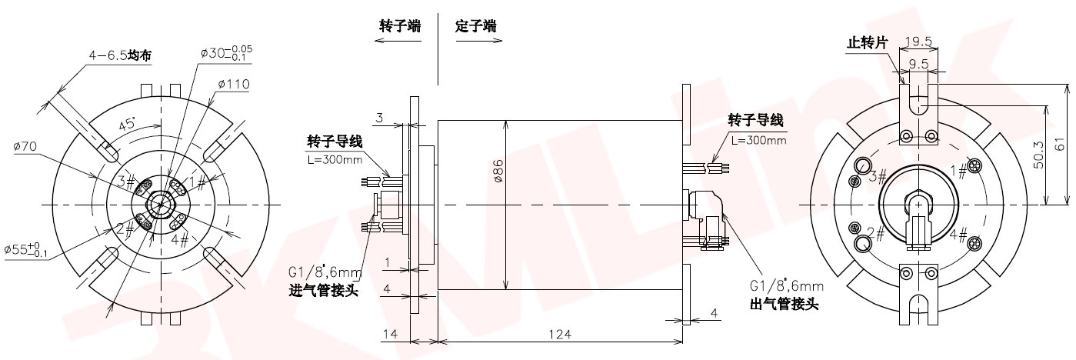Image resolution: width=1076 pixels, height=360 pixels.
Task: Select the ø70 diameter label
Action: [x=27, y=145]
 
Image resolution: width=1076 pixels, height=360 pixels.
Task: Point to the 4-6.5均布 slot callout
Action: [x=119, y=55]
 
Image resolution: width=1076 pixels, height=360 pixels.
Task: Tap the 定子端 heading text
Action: [x=475, y=25]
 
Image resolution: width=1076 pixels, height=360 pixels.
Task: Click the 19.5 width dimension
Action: [x=919, y=42]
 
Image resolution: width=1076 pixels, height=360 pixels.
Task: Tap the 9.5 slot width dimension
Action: [x=919, y=64]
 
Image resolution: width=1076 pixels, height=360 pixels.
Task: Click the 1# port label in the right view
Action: [x=958, y=170]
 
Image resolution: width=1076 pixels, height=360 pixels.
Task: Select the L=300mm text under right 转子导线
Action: [x=758, y=140]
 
